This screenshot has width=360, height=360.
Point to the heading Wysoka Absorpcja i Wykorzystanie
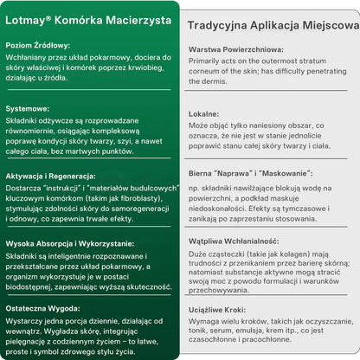pyautogui.click(x=70, y=243)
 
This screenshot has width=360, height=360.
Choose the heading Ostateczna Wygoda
pyautogui.click(x=43, y=308)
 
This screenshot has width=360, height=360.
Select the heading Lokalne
pyautogui.click(x=204, y=114)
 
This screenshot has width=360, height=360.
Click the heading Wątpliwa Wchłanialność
pyautogui.click(x=233, y=241)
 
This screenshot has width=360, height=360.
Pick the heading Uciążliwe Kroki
pyautogui.click(x=219, y=308)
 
